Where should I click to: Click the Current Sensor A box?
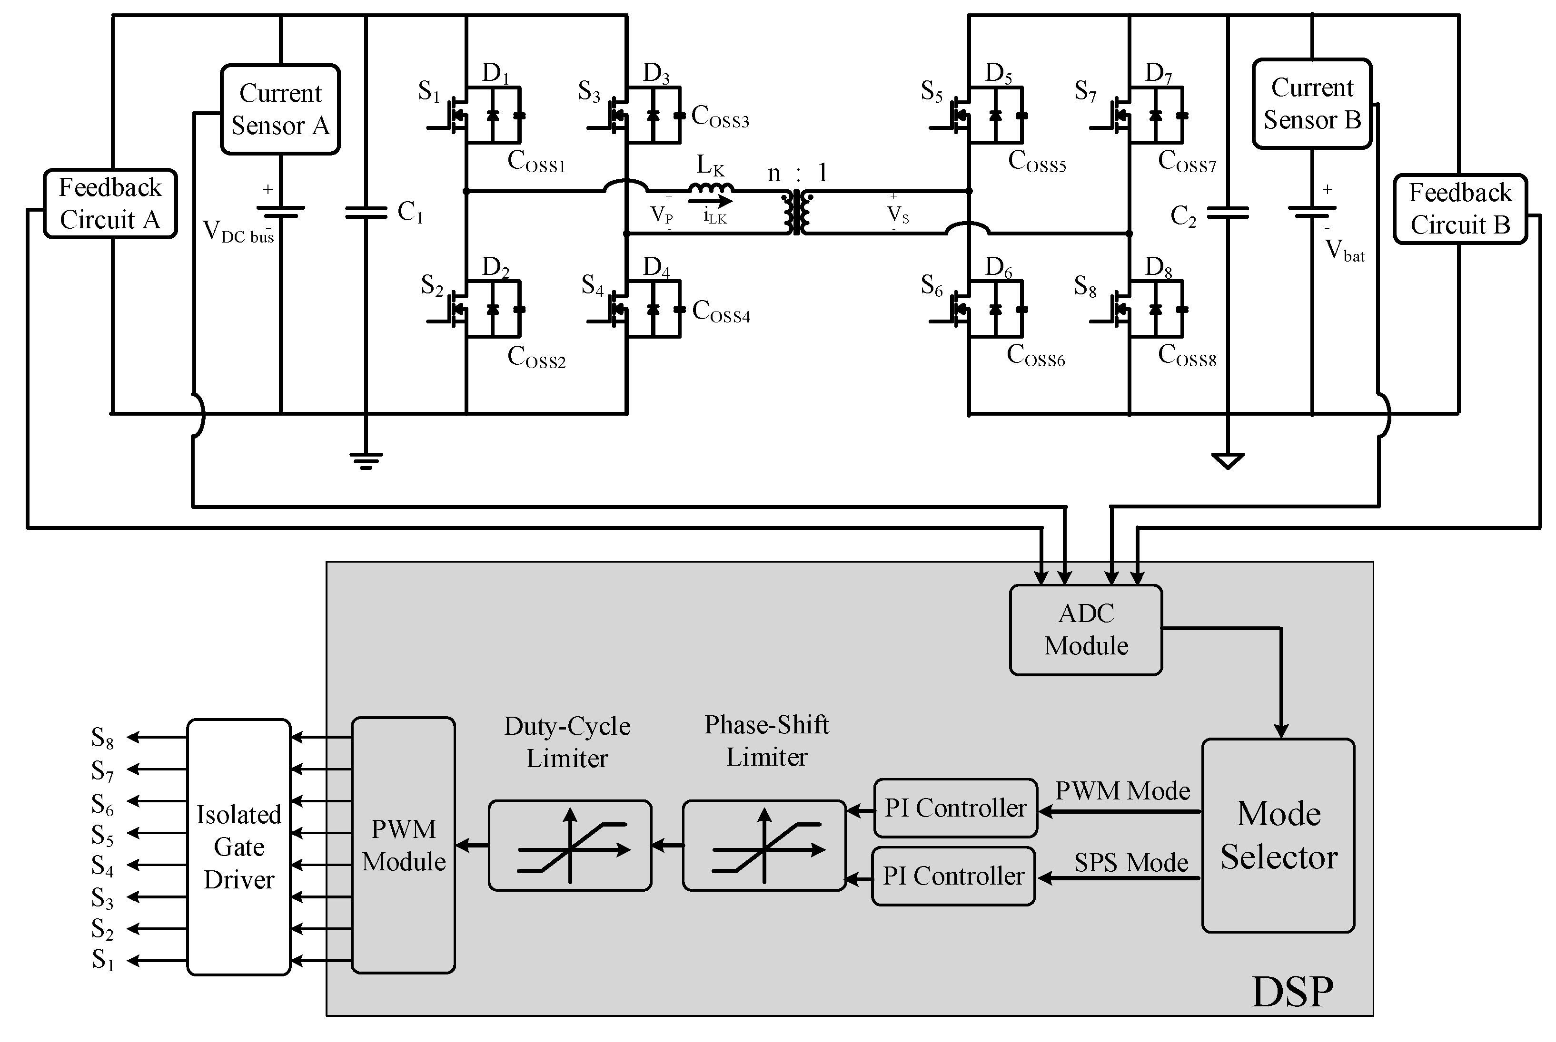[280, 110]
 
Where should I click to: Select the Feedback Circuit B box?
[1459, 209]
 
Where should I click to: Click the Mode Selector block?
[1278, 835]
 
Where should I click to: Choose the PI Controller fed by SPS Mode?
[953, 876]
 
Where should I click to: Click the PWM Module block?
[403, 845]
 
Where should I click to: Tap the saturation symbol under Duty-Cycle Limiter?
[570, 845]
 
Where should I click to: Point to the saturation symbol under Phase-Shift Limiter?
[764, 845]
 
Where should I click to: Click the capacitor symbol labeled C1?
[366, 213]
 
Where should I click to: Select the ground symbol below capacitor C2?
[1228, 460]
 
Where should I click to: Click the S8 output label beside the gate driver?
[102, 738]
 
